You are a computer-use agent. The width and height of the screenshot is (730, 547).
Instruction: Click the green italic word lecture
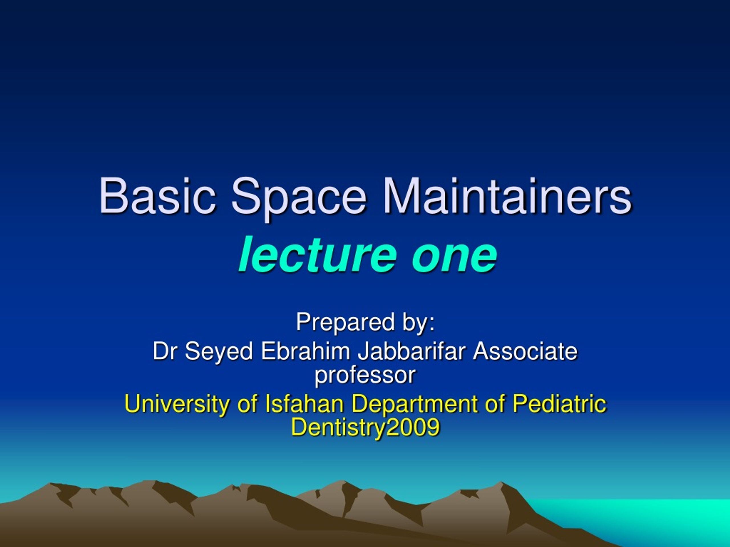317,254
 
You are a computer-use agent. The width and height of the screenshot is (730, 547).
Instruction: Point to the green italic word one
454,254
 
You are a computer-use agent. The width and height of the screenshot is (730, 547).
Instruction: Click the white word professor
365,375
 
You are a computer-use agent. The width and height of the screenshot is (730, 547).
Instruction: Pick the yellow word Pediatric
559,404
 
